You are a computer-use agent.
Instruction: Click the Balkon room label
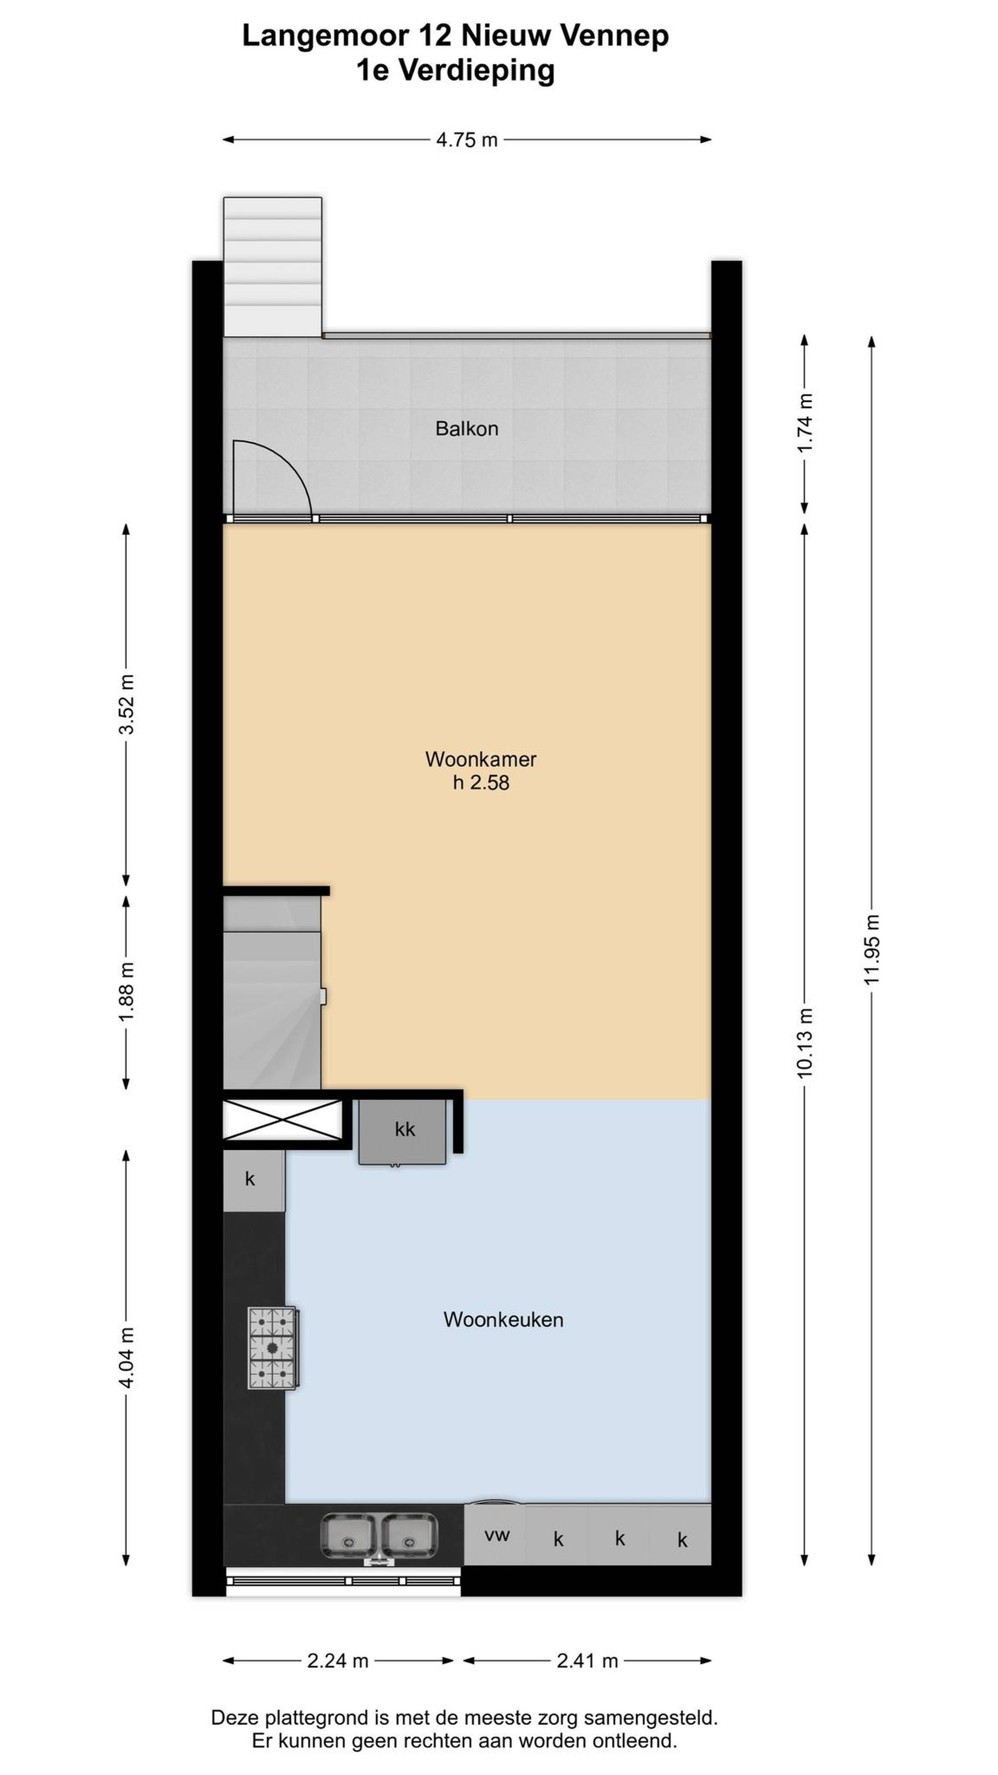pos(466,429)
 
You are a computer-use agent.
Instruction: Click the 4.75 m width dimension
pos(466,140)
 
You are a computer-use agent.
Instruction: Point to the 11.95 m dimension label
pos(872,949)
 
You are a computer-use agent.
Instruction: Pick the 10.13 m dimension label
pos(804,1042)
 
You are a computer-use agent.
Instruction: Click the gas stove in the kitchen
pos(273,1348)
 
